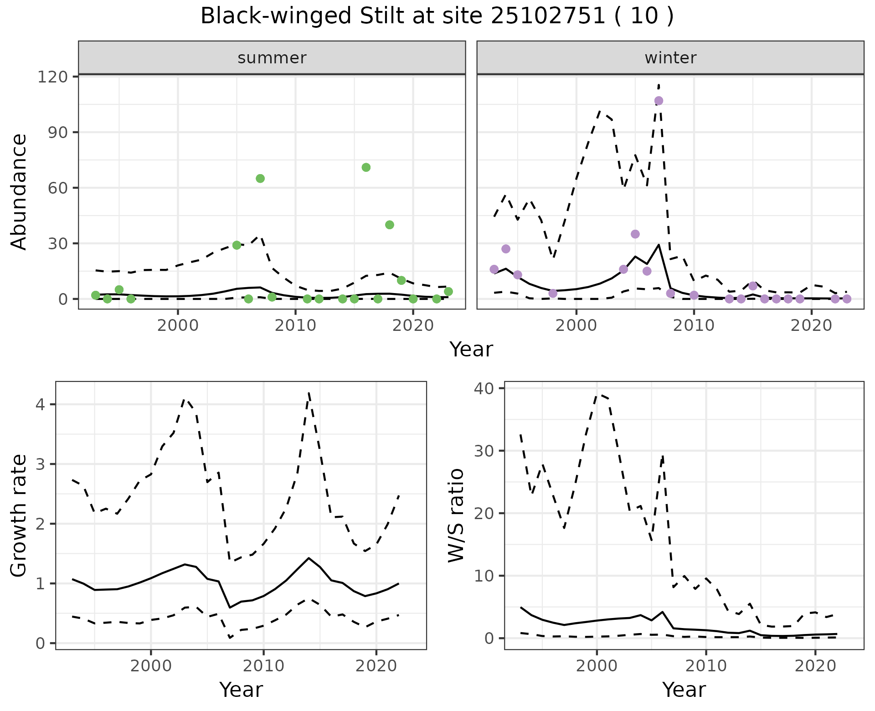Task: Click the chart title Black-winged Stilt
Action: tap(437, 16)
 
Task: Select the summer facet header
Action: tap(272, 58)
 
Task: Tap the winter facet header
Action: tap(670, 58)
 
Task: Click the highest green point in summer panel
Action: tap(366, 167)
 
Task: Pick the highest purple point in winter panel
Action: tap(659, 101)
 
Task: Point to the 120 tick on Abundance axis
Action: tap(52, 77)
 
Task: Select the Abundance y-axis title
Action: tap(19, 191)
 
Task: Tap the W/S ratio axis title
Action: tap(456, 515)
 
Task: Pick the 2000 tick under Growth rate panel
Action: tap(151, 665)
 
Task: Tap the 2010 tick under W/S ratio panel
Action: tap(706, 665)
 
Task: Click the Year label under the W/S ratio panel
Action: tap(684, 690)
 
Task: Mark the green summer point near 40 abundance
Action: tap(389, 225)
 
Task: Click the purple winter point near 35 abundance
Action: tap(635, 234)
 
